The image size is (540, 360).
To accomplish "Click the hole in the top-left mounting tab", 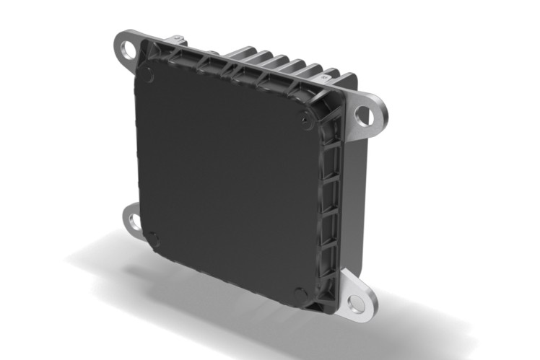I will point(129,50).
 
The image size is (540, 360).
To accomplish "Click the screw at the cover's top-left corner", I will point(147,72).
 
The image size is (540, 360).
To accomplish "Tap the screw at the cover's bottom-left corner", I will point(153,239).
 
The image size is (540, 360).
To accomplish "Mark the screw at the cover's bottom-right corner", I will point(300,294).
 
